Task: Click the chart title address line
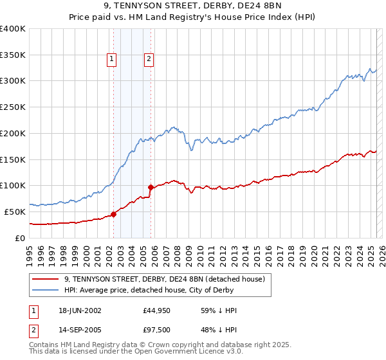[192, 7]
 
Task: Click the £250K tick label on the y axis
[12, 107]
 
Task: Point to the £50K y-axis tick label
[15, 212]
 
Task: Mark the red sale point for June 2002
[114, 214]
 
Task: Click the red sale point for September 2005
[151, 187]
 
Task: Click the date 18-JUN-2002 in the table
[80, 310]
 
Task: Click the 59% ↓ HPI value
[219, 310]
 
